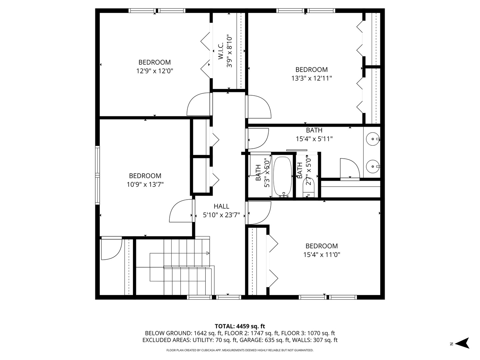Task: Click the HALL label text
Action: (221, 206)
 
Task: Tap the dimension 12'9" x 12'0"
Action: (155, 71)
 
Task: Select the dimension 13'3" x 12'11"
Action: (311, 78)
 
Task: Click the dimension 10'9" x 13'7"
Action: (145, 184)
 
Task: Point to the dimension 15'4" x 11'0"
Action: (321, 255)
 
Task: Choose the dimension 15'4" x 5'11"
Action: (314, 139)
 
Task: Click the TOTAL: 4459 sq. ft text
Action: (240, 326)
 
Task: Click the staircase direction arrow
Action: (208, 253)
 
